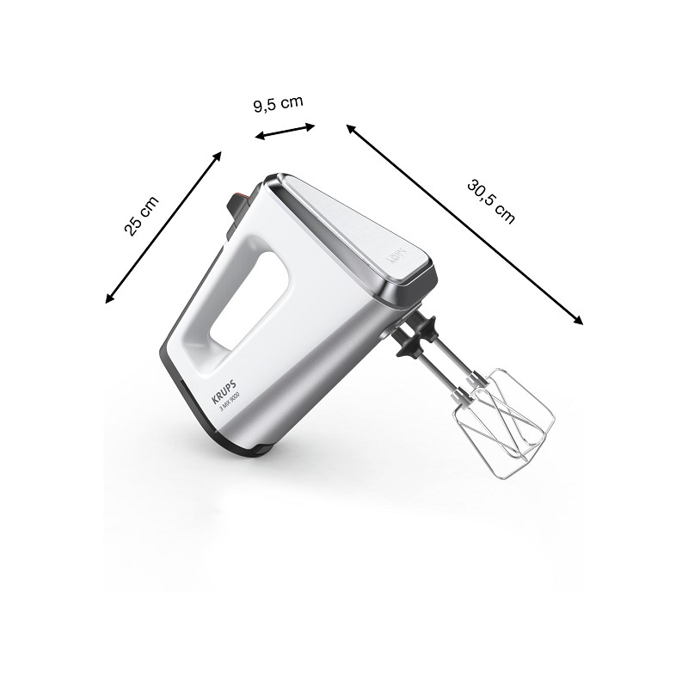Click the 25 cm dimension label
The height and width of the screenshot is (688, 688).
142,217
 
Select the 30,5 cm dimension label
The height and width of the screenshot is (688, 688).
490,201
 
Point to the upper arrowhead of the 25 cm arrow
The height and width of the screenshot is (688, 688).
218,156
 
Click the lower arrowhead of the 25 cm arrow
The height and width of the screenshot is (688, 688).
109,299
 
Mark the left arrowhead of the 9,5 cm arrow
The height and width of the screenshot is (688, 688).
259,136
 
